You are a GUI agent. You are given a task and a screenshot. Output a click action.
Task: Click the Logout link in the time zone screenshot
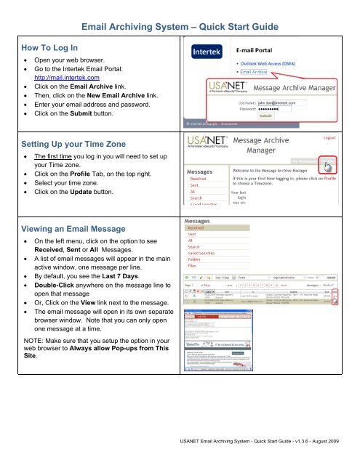pos(342,137)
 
